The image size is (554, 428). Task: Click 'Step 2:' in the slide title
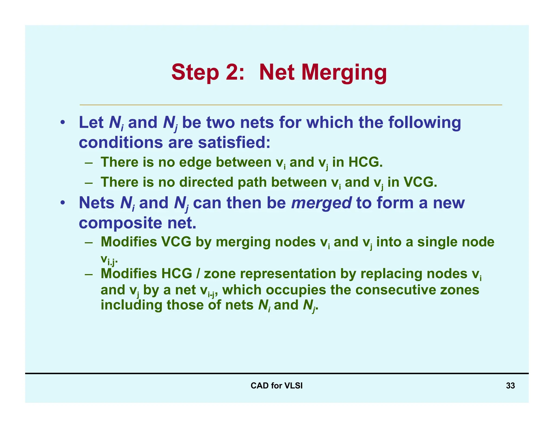click(x=208, y=73)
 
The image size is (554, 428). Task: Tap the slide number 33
click(x=510, y=386)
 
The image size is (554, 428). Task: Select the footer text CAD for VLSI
click(x=276, y=386)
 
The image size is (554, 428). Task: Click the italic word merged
click(x=321, y=203)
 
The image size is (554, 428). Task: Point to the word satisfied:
click(x=234, y=142)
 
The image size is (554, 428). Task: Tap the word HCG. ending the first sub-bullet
click(x=365, y=162)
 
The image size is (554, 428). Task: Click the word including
click(x=131, y=305)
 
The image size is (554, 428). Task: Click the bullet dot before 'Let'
click(x=62, y=122)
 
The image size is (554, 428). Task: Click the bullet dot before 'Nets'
click(x=62, y=203)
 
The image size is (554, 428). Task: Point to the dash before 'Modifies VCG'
click(x=88, y=242)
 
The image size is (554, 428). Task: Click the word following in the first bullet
click(x=424, y=122)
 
